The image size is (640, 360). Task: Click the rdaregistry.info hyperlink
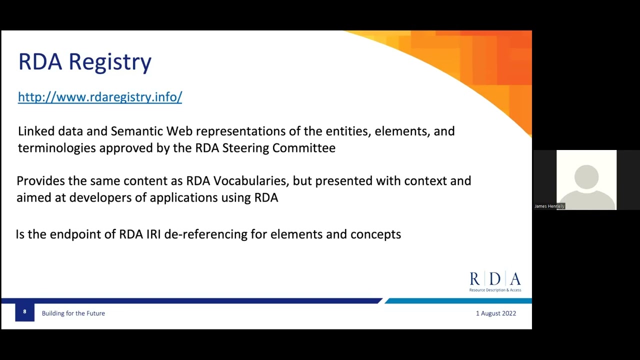(x=100, y=97)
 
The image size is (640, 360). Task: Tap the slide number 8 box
(x=24, y=312)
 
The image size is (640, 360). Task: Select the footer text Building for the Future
(x=73, y=313)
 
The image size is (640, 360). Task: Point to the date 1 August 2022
(x=495, y=313)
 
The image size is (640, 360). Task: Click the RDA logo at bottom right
(x=495, y=281)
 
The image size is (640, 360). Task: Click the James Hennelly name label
(x=549, y=206)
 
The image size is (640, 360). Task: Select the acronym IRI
(x=153, y=234)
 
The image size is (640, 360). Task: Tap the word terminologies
(x=56, y=148)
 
